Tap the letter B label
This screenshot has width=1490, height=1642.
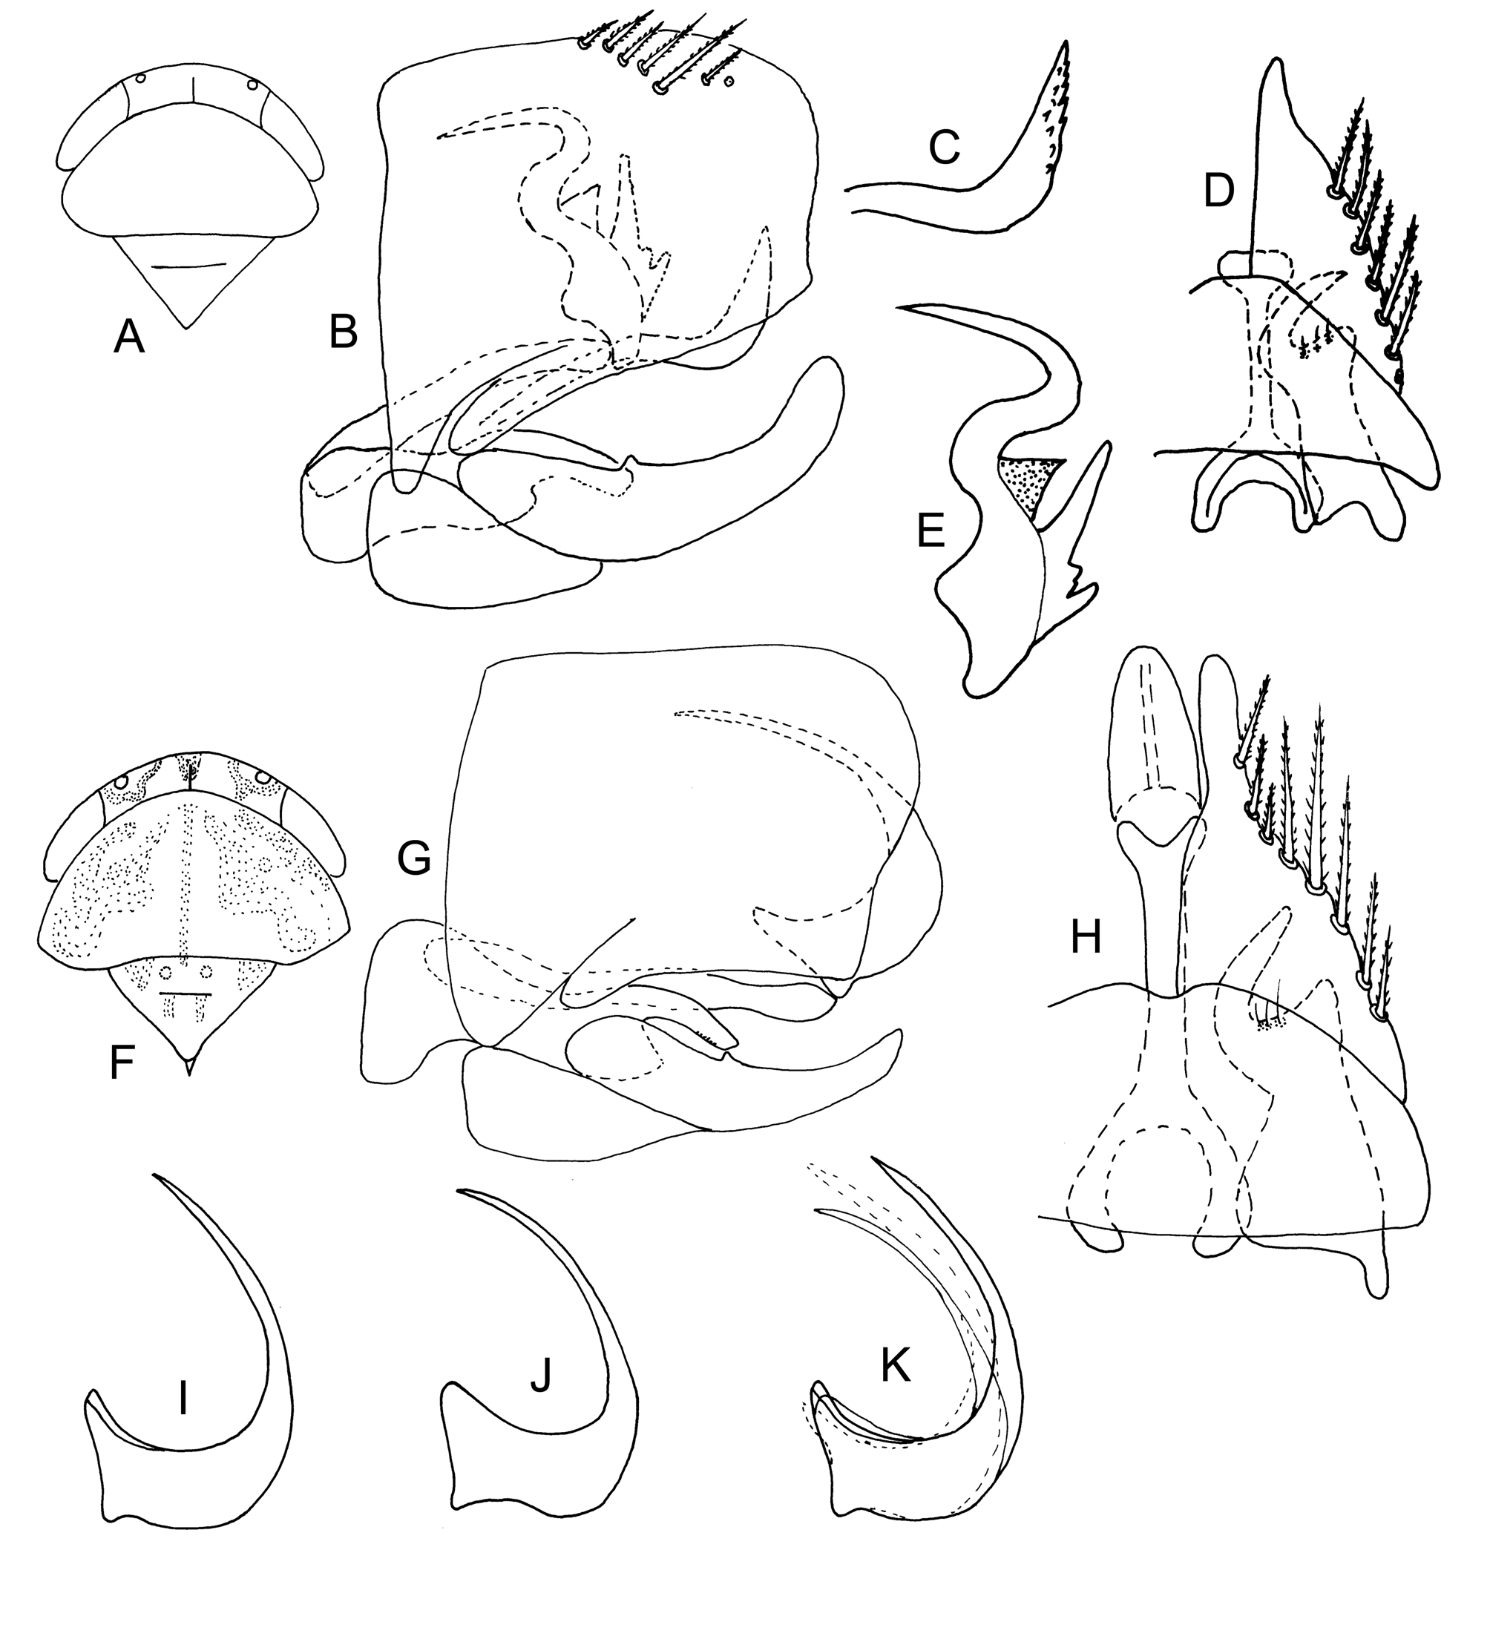pos(343,333)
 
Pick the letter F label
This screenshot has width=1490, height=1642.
pos(122,1064)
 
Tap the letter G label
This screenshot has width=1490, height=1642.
pos(415,858)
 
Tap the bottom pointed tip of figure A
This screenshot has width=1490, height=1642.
pos(186,328)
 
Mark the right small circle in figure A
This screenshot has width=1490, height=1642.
pos(252,85)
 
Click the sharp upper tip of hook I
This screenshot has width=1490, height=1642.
pos(153,1174)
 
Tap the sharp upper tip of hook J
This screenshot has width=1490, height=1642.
pos(458,1192)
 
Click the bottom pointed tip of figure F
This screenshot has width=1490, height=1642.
pos(189,1076)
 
